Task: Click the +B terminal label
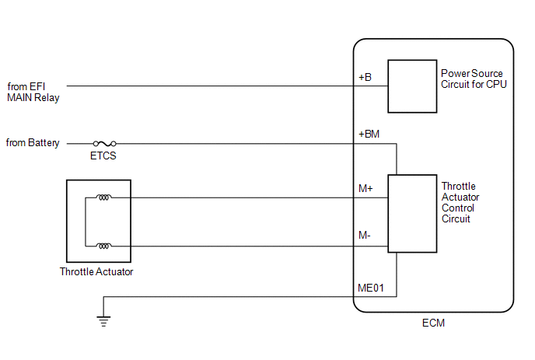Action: pos(365,77)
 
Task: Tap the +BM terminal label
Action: pos(369,134)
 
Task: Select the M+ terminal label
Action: pos(365,188)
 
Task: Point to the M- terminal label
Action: pos(365,235)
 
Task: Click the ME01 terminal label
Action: pos(371,288)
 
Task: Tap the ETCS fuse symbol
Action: pos(105,144)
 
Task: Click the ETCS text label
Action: pos(103,156)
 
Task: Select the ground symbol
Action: pos(103,321)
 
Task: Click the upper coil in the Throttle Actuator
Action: pos(103,197)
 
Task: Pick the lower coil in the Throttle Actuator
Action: pos(103,246)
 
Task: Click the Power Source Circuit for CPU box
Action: pos(412,86)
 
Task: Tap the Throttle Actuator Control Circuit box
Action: pos(412,214)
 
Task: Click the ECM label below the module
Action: pos(433,323)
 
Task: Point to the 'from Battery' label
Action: pos(33,142)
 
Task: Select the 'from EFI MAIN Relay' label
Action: pos(33,92)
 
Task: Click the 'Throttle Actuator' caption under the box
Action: pos(96,271)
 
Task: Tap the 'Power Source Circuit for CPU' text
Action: pos(474,79)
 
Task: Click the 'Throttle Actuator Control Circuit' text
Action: pos(460,202)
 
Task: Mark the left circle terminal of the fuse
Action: pos(96,144)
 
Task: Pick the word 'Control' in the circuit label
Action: pos(458,208)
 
